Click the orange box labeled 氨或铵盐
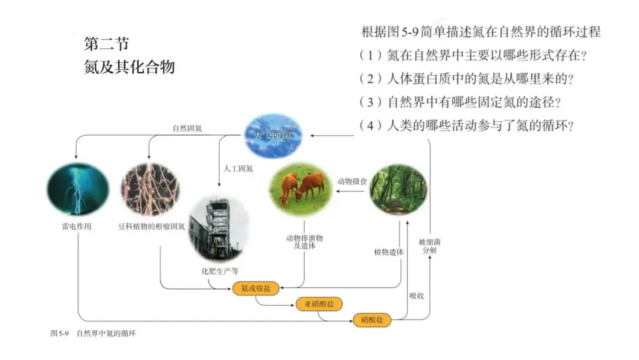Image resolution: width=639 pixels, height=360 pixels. pyautogui.click(x=256, y=288)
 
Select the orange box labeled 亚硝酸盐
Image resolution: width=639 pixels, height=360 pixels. pyautogui.click(x=319, y=304)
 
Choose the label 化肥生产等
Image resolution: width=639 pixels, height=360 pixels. pyautogui.click(x=220, y=272)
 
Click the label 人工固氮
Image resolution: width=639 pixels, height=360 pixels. pyautogui.click(x=238, y=168)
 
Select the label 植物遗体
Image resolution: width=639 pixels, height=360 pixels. pyautogui.click(x=388, y=252)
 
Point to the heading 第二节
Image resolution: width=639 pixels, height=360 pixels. pyautogui.click(x=106, y=44)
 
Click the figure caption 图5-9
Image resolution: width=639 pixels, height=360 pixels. pyautogui.click(x=58, y=335)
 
